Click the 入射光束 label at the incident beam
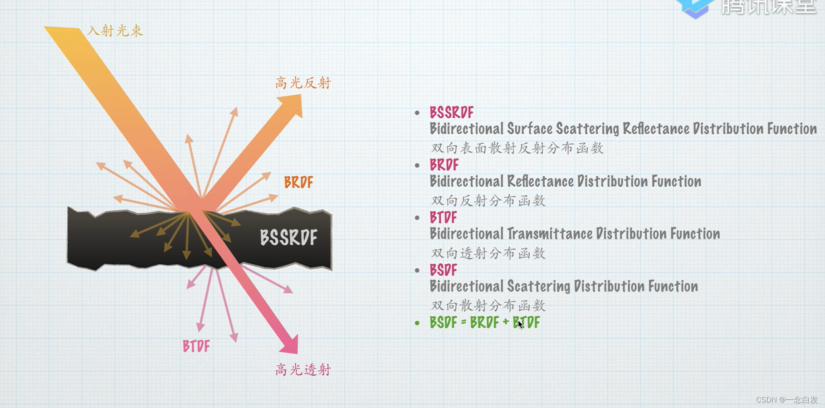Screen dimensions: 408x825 (115, 31)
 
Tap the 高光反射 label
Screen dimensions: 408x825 (303, 83)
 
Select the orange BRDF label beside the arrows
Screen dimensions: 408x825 (298, 182)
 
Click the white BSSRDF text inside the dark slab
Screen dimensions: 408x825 (288, 238)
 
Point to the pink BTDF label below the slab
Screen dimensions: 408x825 (196, 346)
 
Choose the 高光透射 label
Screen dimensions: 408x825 (303, 370)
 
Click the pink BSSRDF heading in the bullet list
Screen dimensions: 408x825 (451, 112)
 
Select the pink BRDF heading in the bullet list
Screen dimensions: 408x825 (444, 165)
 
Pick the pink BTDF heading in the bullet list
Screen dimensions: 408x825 (443, 218)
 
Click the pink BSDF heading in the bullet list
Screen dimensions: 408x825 (443, 270)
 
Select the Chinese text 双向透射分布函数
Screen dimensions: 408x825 (488, 253)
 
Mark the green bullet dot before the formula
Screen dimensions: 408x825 (417, 323)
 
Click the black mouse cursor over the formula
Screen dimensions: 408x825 (520, 324)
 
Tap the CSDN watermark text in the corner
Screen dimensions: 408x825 (786, 400)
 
